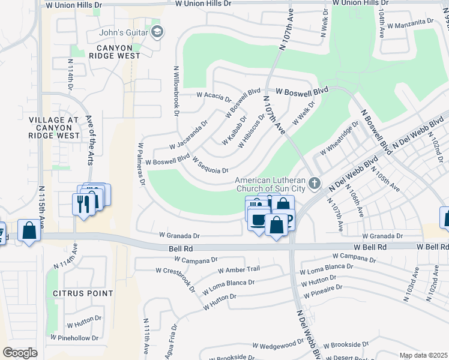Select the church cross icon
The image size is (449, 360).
point(315,182)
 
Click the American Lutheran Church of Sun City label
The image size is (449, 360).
point(271,185)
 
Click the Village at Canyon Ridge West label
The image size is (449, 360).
point(54,128)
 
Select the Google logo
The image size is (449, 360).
point(20,353)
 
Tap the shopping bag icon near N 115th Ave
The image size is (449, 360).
point(29,230)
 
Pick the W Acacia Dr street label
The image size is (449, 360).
point(214,96)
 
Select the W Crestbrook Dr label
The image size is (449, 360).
point(179,278)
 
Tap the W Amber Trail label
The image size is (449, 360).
point(239,270)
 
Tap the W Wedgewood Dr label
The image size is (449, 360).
point(278,345)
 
